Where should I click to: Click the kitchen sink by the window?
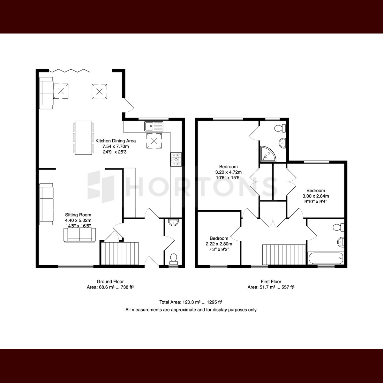pos(154,126)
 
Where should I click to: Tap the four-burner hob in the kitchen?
pos(176,159)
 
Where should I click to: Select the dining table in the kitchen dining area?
pos(84,138)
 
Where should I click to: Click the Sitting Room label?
pos(78,215)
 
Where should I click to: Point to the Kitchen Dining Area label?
pos(116,141)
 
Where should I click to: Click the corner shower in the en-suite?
pos(268,154)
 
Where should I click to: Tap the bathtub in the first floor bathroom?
pos(326,258)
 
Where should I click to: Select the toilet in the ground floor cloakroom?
pos(174,259)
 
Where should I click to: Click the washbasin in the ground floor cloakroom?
pos(174,222)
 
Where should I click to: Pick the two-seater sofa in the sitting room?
pos(79,235)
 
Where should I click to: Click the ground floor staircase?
pos(120,253)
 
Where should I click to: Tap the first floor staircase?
pos(284,255)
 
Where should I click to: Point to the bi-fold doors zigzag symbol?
pos(69,71)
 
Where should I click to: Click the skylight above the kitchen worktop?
pos(154,141)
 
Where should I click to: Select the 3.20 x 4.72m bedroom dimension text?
pos(229,172)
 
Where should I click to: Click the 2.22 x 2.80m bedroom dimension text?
pos(219,244)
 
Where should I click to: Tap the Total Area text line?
pos(191,302)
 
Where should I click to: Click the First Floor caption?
pos(271,282)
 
